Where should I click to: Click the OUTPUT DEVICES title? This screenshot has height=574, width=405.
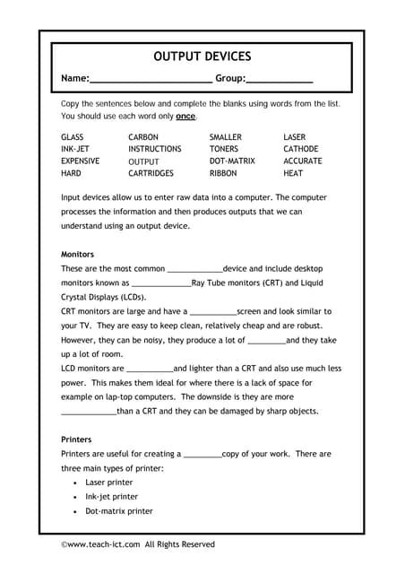pos(202,57)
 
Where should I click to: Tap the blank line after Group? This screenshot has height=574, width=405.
pos(280,81)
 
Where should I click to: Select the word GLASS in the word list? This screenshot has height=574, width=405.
pos(73,137)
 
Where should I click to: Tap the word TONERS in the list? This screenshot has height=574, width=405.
pos(224,149)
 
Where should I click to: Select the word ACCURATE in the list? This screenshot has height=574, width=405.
pos(303,161)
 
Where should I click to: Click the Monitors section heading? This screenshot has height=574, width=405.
pos(79,254)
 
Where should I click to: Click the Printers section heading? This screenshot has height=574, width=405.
pos(76,440)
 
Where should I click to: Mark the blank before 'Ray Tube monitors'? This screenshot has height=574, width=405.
pos(160,283)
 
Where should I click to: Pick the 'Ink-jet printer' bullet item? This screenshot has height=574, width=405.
pos(112,497)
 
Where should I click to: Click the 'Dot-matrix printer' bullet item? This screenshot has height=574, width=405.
pos(119,511)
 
